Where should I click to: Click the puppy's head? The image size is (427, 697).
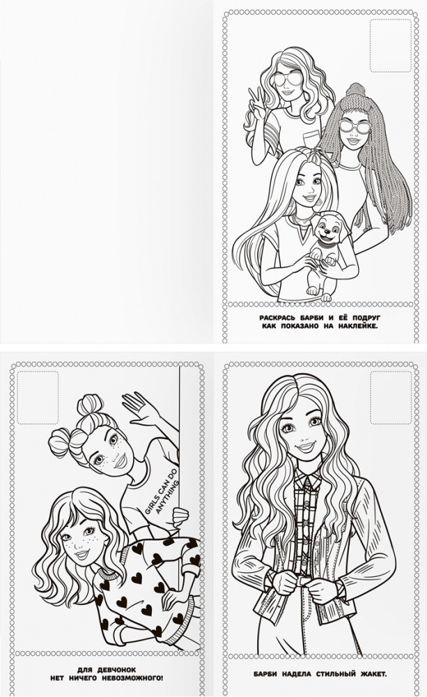[327, 230]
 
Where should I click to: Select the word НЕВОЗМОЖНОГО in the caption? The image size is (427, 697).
[131, 678]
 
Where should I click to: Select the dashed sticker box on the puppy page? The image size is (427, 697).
[391, 45]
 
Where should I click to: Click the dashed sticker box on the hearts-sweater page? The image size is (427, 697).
[38, 397]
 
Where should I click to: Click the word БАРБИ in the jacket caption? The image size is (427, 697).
[266, 674]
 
